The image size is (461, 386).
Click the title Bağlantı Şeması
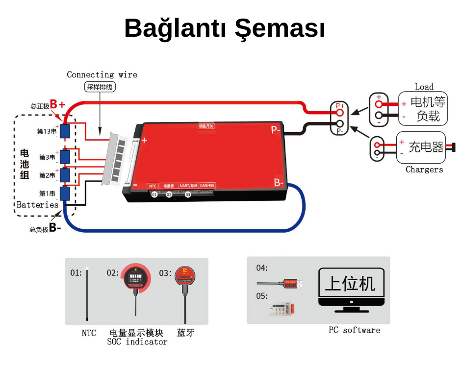[x=225, y=28]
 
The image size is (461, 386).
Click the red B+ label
[x=57, y=104]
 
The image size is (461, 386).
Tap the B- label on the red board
[x=279, y=183]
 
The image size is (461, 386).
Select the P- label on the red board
[x=276, y=130]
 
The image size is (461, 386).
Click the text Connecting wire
[x=102, y=75]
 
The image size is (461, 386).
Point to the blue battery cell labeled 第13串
[x=65, y=131]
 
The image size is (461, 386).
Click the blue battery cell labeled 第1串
[x=65, y=193]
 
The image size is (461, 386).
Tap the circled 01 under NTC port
[x=154, y=194]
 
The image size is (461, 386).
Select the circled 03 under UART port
[x=188, y=194]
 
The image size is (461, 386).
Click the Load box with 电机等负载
[x=422, y=109]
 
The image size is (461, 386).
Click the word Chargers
[x=424, y=169]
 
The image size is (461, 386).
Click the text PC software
[x=354, y=330]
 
